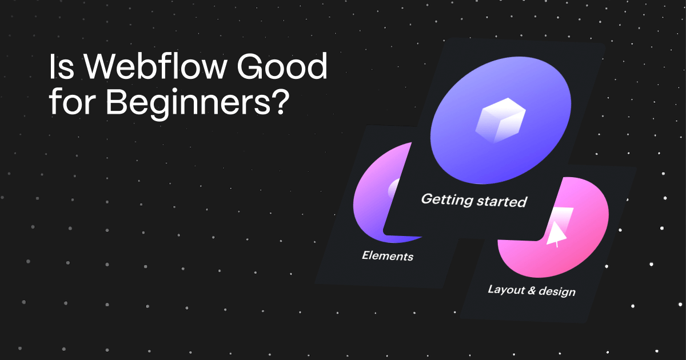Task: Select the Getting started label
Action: click(x=473, y=200)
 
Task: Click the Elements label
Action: click(x=388, y=255)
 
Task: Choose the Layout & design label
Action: click(x=531, y=290)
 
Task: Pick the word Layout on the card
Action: click(x=505, y=289)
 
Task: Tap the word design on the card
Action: click(x=557, y=292)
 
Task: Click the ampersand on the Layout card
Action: click(x=532, y=290)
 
